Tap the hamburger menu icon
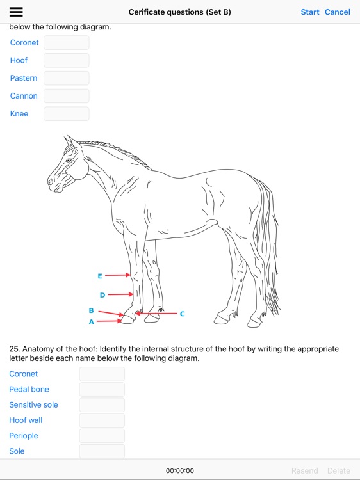[x=16, y=12]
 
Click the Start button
[x=310, y=12]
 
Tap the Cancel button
[x=338, y=12]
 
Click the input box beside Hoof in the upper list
[x=67, y=60]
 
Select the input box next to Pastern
[x=67, y=78]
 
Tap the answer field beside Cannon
[x=67, y=96]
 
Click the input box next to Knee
[x=67, y=114]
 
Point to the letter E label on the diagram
[x=100, y=276]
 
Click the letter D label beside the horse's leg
[x=102, y=295]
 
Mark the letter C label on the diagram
[x=183, y=314]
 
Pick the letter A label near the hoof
[x=92, y=322]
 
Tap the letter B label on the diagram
[x=92, y=310]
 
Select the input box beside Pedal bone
[x=102, y=389]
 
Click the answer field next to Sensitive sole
[x=102, y=405]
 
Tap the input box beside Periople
[x=102, y=436]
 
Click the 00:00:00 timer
[x=180, y=470]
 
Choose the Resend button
[x=304, y=470]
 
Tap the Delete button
[x=339, y=470]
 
